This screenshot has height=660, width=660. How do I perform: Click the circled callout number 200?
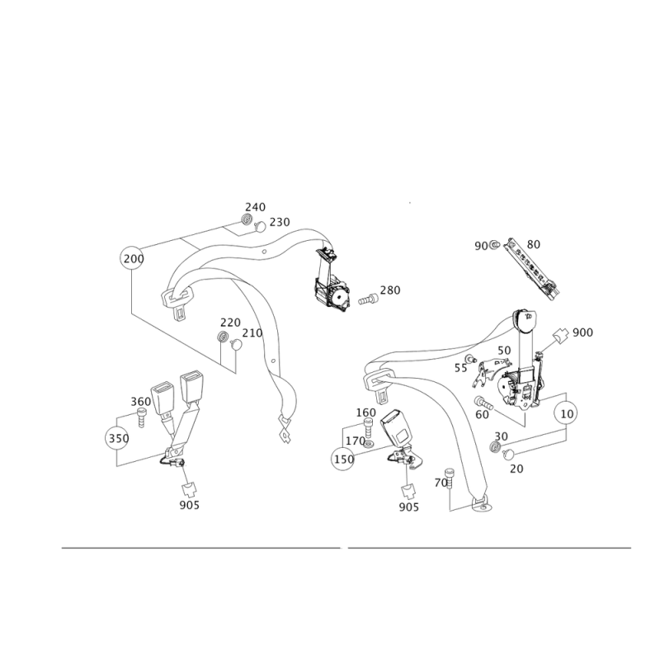tap(133, 258)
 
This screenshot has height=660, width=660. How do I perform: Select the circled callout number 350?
tap(118, 438)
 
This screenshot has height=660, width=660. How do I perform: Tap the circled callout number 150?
tap(343, 459)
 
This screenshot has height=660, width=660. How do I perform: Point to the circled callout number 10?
tap(567, 414)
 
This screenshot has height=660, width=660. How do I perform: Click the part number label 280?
tap(390, 290)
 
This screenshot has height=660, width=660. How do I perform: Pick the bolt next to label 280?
tap(369, 299)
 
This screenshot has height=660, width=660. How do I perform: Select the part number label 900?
tap(582, 332)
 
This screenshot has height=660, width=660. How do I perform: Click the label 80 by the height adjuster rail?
tap(533, 244)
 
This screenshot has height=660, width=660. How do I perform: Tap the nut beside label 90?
tap(494, 243)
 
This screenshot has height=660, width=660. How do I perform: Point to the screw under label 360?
tap(141, 419)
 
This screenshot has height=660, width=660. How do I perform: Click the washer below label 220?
tap(223, 337)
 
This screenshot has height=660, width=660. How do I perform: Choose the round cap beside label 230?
tap(260, 226)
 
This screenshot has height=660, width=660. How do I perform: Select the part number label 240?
tap(256, 207)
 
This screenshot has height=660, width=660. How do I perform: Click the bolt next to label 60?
tap(483, 403)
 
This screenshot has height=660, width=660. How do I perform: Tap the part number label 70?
tap(441, 483)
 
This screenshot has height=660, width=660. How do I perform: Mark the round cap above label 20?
tap(509, 454)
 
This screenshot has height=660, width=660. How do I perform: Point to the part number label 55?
tap(461, 368)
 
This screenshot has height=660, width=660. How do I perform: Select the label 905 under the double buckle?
tap(190, 505)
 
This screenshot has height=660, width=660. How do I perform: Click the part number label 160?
tap(366, 412)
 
